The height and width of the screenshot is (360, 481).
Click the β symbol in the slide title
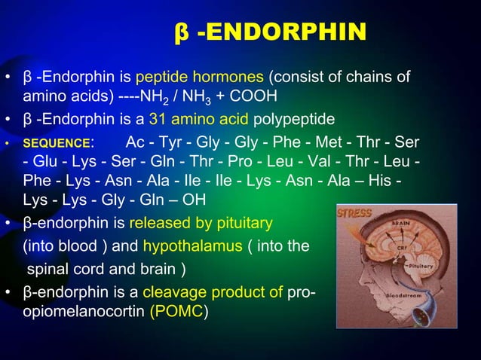tap(181, 32)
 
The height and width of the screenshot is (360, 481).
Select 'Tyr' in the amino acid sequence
tap(173, 142)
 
